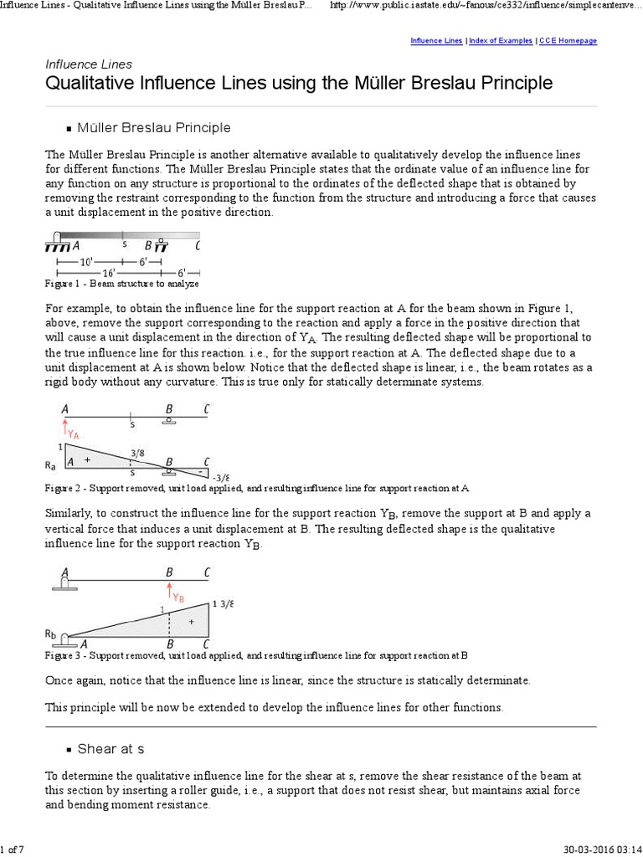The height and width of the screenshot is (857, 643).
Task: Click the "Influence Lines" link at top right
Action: [436, 40]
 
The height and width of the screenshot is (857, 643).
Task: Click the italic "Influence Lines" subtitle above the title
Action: [88, 64]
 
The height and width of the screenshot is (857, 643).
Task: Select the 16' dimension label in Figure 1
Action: [109, 273]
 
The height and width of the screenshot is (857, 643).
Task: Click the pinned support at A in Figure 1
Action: [57, 244]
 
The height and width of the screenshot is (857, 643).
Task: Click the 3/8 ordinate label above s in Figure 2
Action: [137, 454]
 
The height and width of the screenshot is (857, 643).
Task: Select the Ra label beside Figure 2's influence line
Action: [51, 462]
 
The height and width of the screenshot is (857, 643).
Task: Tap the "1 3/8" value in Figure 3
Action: [223, 603]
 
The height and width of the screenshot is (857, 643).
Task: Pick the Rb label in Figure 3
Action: [51, 633]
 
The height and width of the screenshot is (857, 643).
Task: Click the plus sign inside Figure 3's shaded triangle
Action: [193, 622]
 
